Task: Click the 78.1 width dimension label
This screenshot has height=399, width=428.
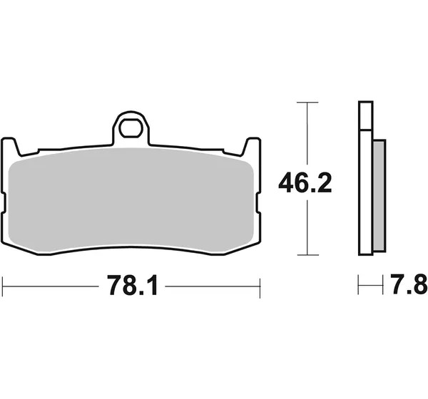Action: [133, 286]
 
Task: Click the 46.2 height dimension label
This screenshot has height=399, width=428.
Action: [305, 182]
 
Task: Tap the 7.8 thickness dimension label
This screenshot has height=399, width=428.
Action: [409, 285]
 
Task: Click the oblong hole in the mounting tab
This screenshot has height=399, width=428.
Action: [132, 128]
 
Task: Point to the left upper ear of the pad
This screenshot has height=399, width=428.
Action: [11, 146]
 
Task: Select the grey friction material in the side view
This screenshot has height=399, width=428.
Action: [379, 195]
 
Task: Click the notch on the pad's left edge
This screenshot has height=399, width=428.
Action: [4, 203]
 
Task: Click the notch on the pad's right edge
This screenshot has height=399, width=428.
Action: [258, 203]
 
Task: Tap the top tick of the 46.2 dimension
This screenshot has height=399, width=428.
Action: [307, 103]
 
